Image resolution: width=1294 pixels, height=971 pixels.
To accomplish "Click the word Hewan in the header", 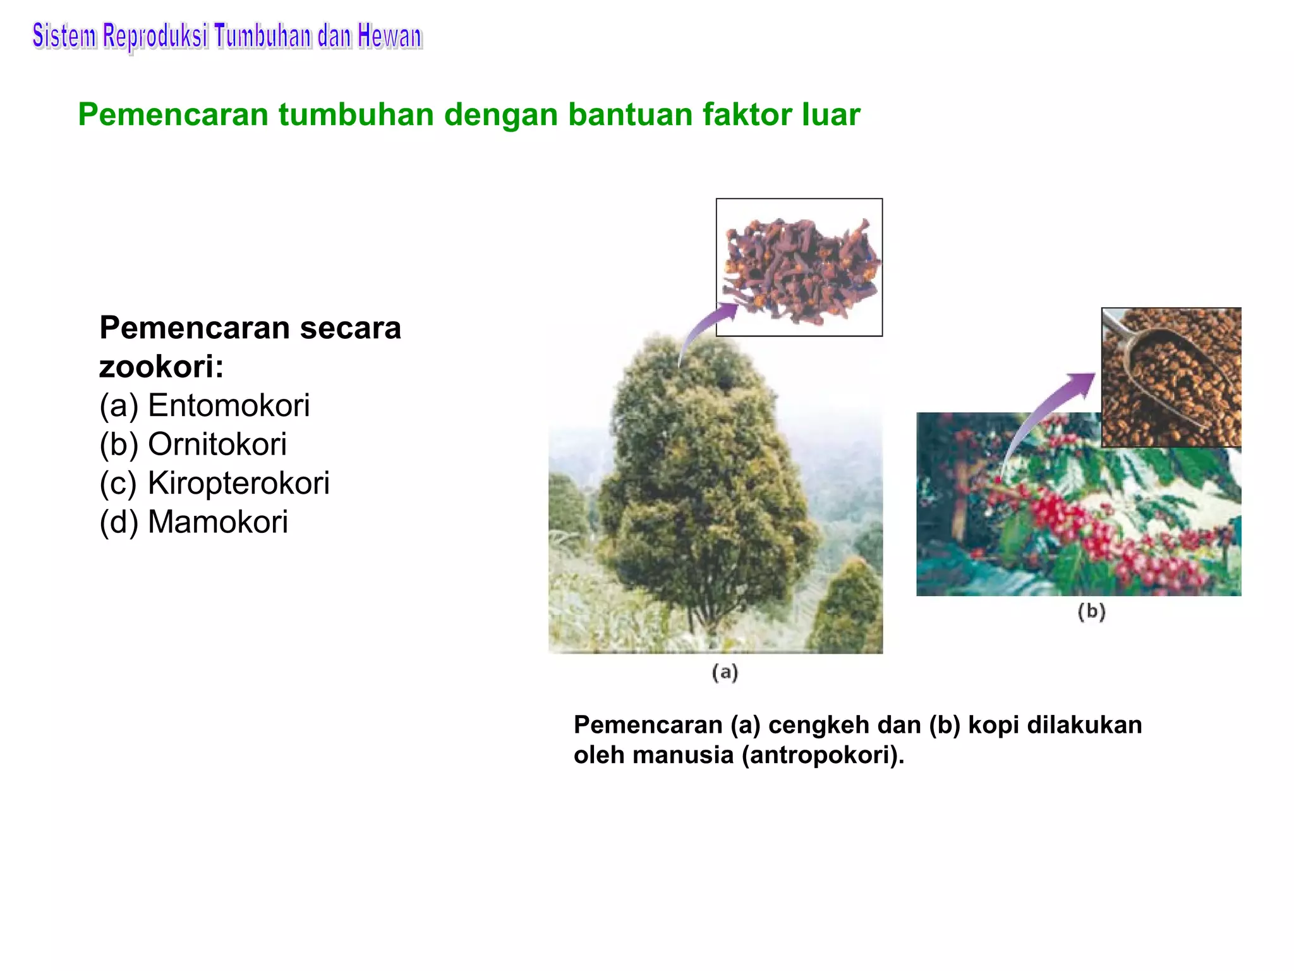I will point(389,37).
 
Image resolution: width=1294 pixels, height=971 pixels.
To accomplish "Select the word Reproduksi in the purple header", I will point(155,37).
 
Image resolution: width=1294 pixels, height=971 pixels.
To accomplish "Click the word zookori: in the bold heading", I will point(161,367).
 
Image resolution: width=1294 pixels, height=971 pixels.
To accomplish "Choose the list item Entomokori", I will point(228,405).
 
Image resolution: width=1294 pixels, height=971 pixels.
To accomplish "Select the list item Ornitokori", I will point(217,444).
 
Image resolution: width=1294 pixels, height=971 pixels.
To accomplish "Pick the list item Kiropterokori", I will point(238,484).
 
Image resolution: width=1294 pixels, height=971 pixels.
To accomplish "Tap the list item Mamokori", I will point(217,523).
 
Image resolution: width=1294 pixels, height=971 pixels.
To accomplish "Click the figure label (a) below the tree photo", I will point(725,672).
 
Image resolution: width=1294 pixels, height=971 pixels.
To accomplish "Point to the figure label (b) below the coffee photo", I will point(1091,611).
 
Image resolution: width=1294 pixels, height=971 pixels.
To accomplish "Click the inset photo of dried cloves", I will point(799,267).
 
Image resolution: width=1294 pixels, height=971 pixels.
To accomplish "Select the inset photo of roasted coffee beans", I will point(1171,377).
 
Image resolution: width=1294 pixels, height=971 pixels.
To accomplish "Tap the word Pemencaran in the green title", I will point(173,115).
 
